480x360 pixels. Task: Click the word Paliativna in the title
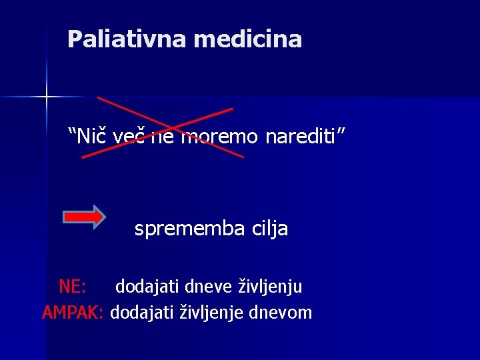127,39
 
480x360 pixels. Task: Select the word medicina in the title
248,39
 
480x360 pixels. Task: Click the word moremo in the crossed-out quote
221,137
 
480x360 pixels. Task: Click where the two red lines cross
167,127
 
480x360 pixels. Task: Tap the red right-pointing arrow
84,216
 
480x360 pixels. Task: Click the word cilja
270,229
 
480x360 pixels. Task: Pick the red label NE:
72,287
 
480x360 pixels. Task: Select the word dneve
211,287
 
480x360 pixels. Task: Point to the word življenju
271,287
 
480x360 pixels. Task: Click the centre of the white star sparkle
46,97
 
